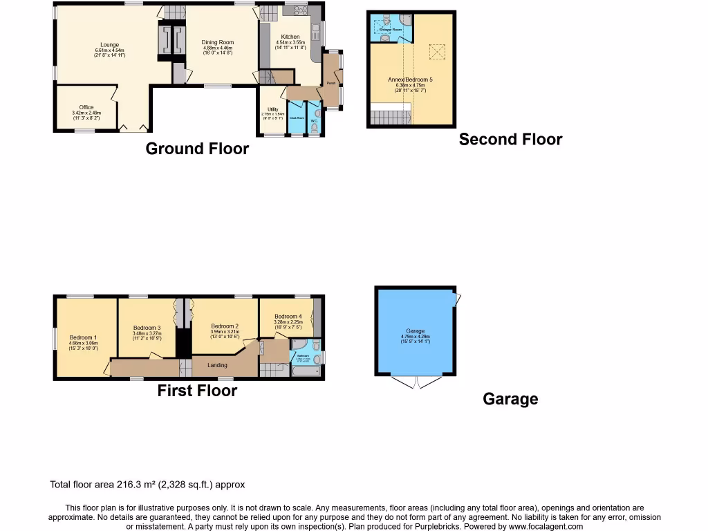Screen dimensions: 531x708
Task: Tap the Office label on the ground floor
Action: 86,107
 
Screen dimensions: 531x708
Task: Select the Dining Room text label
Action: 218,42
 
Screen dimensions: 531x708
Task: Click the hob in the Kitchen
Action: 300,10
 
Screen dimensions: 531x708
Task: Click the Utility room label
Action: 272,109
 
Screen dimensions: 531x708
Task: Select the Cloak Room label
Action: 297,118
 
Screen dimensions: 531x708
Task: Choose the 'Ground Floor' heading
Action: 197,149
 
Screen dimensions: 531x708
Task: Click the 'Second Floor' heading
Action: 510,140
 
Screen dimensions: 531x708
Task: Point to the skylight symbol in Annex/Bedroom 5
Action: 437,51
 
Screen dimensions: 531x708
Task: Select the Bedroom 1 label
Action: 83,337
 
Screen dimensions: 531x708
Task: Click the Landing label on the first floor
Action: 217,365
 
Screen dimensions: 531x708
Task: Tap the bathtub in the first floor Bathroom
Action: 304,372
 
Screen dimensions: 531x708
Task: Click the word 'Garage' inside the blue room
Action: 416,331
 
